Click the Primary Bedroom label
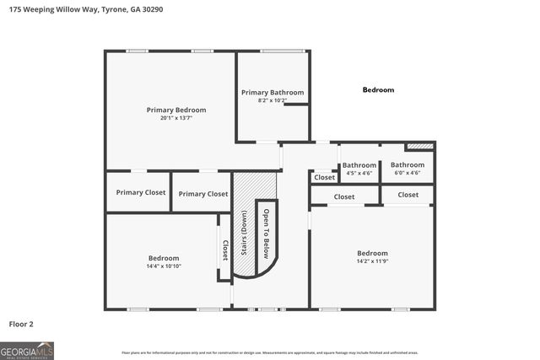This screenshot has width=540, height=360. [x=175, y=110]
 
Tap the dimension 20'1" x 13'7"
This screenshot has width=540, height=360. [x=175, y=119]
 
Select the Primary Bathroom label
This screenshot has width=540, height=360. [x=273, y=92]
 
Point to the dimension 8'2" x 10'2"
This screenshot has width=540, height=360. [x=273, y=100]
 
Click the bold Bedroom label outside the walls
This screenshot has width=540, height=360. [x=378, y=89]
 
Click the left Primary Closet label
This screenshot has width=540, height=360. [x=141, y=192]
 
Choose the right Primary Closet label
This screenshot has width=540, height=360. [x=203, y=193]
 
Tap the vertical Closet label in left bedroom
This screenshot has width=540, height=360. [x=224, y=250]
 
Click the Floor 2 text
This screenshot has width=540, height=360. [x=21, y=323]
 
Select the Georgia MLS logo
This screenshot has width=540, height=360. [x=27, y=350]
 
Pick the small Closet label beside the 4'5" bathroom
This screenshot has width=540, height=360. [x=325, y=177]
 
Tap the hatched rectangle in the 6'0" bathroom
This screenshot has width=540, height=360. [x=425, y=146]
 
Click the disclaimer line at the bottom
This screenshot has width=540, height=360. [x=270, y=352]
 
